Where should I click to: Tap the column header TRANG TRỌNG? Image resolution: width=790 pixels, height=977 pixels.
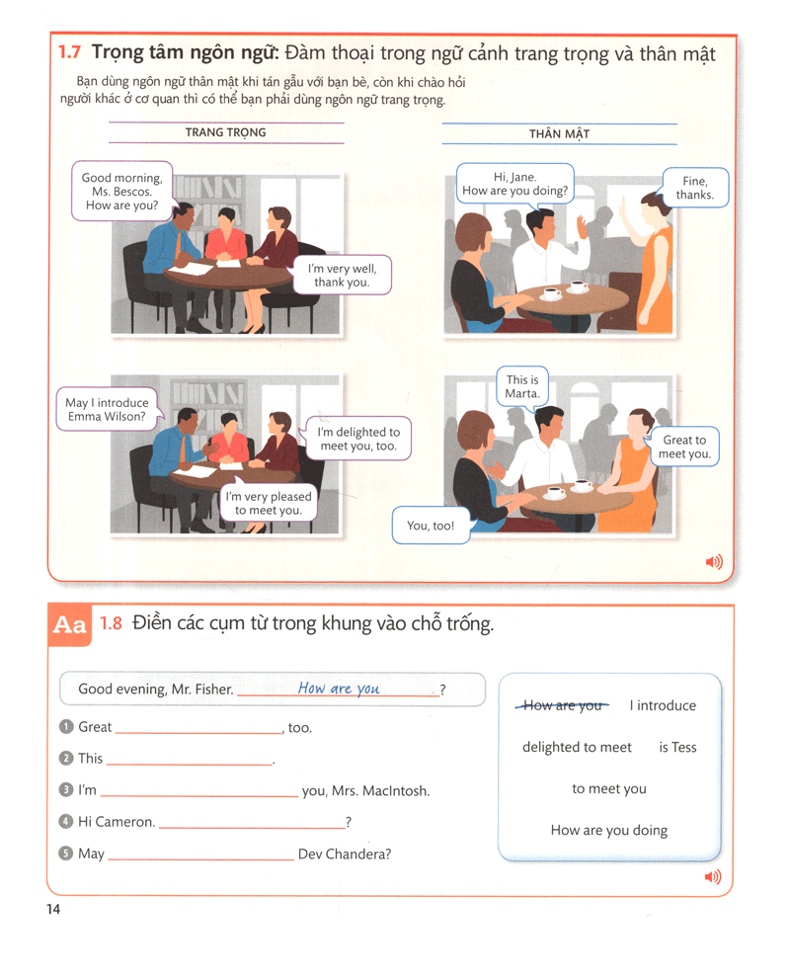tap(225, 132)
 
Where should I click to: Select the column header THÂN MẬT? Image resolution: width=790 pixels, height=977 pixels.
tap(559, 134)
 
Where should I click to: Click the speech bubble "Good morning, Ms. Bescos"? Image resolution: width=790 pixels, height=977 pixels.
tap(121, 192)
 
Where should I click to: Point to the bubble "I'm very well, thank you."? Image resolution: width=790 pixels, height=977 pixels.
tap(342, 275)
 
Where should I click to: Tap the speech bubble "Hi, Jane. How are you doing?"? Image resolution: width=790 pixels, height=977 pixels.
tap(514, 184)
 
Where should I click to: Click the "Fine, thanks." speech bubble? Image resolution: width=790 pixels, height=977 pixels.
tap(694, 188)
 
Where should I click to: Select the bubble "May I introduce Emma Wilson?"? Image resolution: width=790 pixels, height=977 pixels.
tap(107, 409)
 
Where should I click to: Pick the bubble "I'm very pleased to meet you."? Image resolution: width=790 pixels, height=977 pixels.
tap(268, 503)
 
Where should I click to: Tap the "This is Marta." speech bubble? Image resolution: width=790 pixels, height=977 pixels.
tap(522, 386)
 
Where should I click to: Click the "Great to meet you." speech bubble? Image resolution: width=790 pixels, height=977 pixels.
tap(684, 447)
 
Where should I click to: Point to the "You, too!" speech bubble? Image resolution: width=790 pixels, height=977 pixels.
tap(431, 526)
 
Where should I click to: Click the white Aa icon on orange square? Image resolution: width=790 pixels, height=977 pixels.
tap(69, 625)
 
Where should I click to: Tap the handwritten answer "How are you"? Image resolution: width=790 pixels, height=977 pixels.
tap(339, 689)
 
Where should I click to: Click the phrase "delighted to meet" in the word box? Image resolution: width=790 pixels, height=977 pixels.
tap(577, 747)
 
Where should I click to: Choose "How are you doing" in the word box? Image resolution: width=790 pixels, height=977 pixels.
tap(608, 830)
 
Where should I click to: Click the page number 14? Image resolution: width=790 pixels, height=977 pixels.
tap(52, 909)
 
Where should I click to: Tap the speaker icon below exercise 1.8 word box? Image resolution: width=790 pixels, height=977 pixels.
tap(713, 876)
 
